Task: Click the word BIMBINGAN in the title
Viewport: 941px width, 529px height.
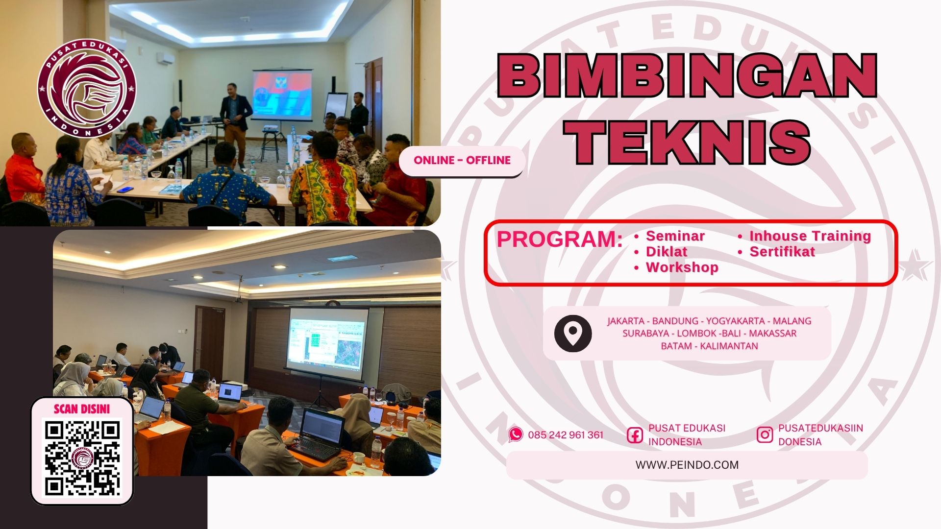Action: click(x=687, y=76)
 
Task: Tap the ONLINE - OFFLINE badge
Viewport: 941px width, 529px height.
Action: click(x=462, y=160)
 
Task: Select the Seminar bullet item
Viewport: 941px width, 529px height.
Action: click(x=675, y=236)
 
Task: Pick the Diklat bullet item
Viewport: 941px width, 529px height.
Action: click(x=667, y=252)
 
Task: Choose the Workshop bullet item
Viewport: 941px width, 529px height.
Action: click(x=682, y=267)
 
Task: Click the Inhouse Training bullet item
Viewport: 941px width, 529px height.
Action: click(x=810, y=236)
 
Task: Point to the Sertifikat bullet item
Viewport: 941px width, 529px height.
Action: click(x=782, y=252)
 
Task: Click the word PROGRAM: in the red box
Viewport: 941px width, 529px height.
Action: click(x=560, y=240)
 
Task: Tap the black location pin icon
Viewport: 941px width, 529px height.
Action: click(x=573, y=334)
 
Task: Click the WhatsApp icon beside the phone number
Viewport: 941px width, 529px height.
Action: click(x=516, y=434)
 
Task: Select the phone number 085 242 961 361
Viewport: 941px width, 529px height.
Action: click(x=566, y=435)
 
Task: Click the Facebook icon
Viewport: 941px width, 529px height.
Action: click(x=635, y=435)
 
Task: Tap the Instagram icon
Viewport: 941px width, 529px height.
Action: click(x=765, y=434)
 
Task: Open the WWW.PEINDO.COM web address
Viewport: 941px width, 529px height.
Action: click(x=687, y=465)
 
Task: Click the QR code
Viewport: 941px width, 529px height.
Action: click(x=82, y=458)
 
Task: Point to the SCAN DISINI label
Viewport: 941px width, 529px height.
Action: click(x=82, y=409)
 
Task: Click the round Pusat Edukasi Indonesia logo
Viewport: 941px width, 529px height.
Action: click(x=87, y=89)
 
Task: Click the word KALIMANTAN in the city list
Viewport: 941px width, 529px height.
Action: click(x=729, y=346)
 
